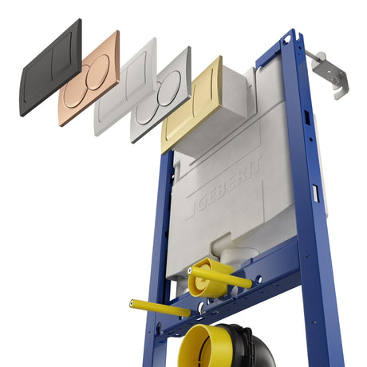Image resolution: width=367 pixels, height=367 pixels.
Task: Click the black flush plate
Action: point(51,68)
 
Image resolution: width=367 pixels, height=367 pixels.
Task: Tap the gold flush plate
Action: point(192,105)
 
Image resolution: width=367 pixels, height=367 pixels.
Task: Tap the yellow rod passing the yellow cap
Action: point(219,277)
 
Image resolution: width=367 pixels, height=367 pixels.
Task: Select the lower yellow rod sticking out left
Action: point(160,308)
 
